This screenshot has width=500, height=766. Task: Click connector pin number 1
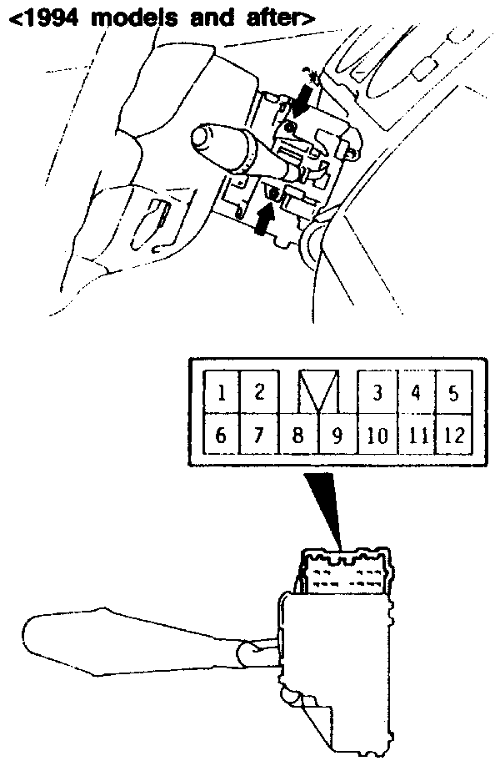222,392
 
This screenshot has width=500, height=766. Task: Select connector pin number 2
259,392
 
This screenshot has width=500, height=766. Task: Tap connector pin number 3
377,392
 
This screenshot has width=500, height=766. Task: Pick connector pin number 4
416,392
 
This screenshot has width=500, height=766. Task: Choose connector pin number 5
454,392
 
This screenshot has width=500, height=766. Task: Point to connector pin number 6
222,434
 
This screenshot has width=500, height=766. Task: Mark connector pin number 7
259,434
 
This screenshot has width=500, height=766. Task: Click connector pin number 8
298,434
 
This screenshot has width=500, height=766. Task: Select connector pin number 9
337,434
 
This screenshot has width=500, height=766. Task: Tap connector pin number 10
377,434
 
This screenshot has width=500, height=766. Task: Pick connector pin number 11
417,434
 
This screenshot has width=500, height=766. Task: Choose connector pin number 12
454,434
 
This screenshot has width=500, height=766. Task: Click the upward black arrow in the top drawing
263,219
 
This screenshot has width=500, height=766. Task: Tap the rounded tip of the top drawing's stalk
200,139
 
